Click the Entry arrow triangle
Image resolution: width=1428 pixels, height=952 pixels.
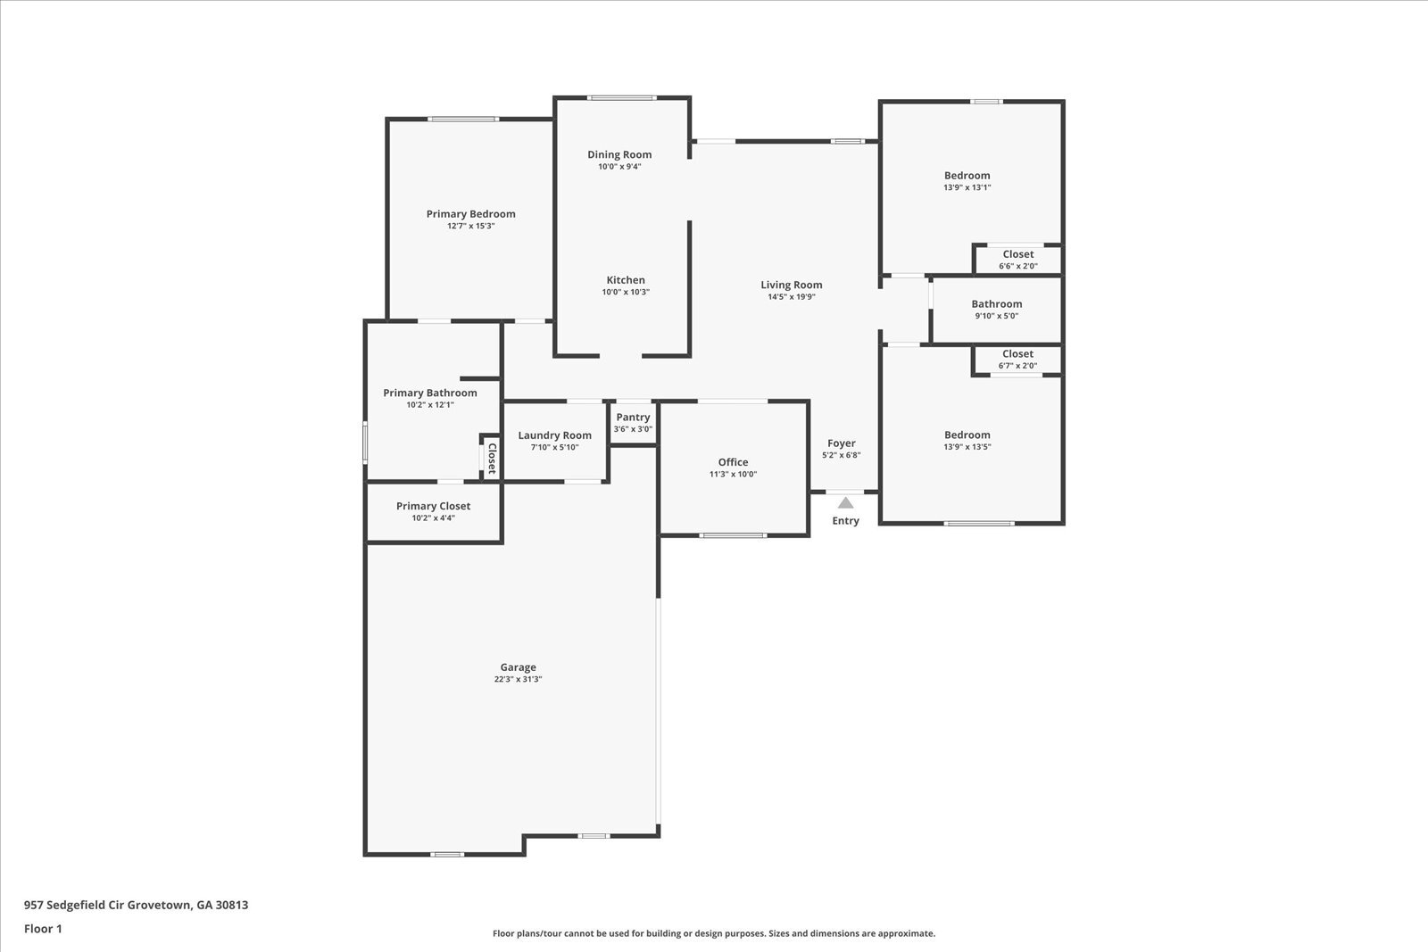[x=845, y=503]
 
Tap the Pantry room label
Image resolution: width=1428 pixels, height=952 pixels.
[x=633, y=417]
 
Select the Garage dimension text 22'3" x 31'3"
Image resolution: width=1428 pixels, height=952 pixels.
[x=518, y=679]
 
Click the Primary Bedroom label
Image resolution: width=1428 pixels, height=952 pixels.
[x=470, y=214]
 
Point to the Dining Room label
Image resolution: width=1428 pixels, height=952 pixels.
[x=619, y=154]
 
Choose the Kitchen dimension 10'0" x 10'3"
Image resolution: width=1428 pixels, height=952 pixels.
[x=626, y=292]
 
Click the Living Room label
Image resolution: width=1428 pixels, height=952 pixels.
[x=791, y=286]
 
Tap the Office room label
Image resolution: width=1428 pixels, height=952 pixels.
[x=733, y=462]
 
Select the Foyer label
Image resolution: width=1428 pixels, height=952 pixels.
[x=841, y=443]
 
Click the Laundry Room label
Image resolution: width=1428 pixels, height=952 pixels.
[x=554, y=435]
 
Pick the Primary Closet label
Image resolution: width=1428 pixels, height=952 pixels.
[x=433, y=506]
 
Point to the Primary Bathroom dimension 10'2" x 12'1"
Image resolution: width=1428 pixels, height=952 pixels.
[x=430, y=405]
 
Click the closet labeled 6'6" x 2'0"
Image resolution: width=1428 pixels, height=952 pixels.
[x=1017, y=265]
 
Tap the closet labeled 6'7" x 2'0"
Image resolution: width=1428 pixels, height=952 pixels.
[x=1017, y=365]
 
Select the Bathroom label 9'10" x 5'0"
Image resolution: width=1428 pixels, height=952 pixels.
[x=996, y=304]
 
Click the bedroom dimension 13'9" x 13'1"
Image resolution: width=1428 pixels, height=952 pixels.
[x=967, y=187]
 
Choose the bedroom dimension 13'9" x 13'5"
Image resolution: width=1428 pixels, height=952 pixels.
[x=967, y=447]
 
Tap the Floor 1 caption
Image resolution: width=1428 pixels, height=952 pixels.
[x=43, y=929]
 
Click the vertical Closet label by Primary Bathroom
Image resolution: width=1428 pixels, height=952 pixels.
[x=491, y=458]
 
